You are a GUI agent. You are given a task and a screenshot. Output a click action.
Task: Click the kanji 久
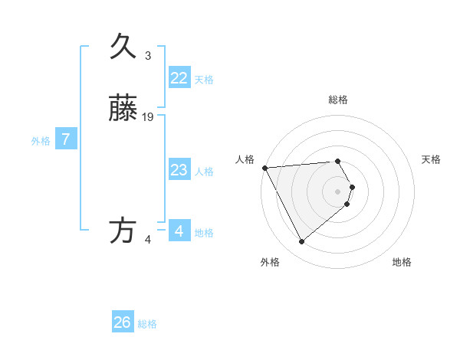pyautogui.click(x=123, y=47)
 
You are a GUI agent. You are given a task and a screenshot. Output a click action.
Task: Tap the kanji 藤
pyautogui.click(x=123, y=110)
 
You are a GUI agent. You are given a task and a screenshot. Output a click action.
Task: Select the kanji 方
pyautogui.click(x=123, y=231)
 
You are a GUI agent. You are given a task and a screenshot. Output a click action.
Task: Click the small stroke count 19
pyautogui.click(x=148, y=117)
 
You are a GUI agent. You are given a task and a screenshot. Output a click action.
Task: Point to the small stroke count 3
pyautogui.click(x=148, y=56)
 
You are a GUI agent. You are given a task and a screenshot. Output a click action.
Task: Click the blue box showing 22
pyautogui.click(x=179, y=78)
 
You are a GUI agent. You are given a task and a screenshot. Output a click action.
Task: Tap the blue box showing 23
pyautogui.click(x=179, y=170)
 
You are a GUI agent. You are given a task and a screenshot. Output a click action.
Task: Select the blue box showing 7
pyautogui.click(x=66, y=139)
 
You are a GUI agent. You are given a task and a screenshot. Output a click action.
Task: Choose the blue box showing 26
pyautogui.click(x=123, y=322)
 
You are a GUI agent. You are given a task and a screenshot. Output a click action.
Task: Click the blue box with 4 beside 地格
pyautogui.click(x=179, y=231)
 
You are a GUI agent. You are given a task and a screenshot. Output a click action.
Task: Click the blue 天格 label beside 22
pyautogui.click(x=204, y=80)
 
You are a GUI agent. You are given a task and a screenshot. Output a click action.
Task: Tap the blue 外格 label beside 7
pyautogui.click(x=41, y=141)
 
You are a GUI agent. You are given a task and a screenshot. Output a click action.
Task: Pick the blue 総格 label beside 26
pyautogui.click(x=147, y=324)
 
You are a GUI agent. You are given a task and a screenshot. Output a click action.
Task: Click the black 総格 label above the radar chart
pyautogui.click(x=337, y=100)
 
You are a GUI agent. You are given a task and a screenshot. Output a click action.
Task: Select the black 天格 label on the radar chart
pyautogui.click(x=432, y=159)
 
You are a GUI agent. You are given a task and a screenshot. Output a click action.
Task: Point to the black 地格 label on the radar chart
pyautogui.click(x=402, y=262)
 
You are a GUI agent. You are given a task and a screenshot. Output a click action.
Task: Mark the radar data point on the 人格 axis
pyautogui.click(x=264, y=168)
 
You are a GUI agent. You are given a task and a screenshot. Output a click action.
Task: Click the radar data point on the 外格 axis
pyautogui.click(x=301, y=242)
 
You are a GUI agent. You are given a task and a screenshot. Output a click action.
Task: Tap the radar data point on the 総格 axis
pyautogui.click(x=337, y=161)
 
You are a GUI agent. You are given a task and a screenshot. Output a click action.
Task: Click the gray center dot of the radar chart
pyautogui.click(x=337, y=191)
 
